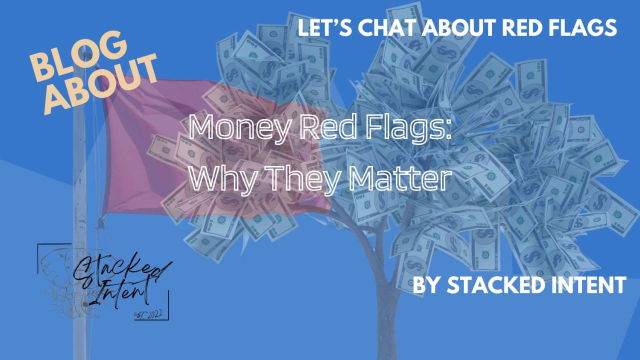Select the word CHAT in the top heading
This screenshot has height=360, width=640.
coord(388,28)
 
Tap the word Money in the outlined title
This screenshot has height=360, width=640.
coord(240,128)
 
